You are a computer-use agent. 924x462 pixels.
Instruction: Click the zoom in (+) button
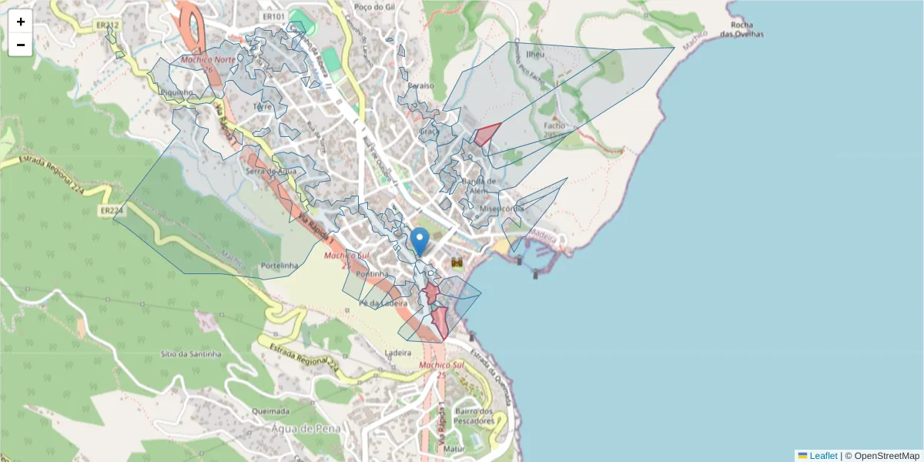(x=21, y=22)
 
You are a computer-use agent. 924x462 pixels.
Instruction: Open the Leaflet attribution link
(x=822, y=456)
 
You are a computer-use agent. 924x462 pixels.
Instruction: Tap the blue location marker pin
(x=420, y=241)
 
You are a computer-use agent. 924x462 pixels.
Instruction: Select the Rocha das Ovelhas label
(x=742, y=29)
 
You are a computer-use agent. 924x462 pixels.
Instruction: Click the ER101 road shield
(x=273, y=16)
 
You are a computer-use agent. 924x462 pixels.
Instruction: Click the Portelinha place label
(x=280, y=266)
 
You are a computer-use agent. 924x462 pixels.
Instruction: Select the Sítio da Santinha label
(x=190, y=354)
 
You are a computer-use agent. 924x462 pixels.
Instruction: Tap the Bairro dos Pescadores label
(x=474, y=417)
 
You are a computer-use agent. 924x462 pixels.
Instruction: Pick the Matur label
(x=454, y=447)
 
